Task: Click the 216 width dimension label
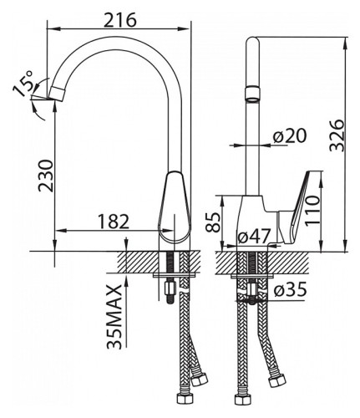click(x=120, y=20)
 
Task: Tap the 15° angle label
click(x=23, y=84)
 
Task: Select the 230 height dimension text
click(x=45, y=176)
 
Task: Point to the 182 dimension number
click(x=114, y=222)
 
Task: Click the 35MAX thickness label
click(x=114, y=317)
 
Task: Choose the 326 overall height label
click(x=337, y=135)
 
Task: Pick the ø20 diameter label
click(x=290, y=136)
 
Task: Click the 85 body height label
click(x=213, y=222)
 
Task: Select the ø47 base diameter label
click(x=254, y=237)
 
